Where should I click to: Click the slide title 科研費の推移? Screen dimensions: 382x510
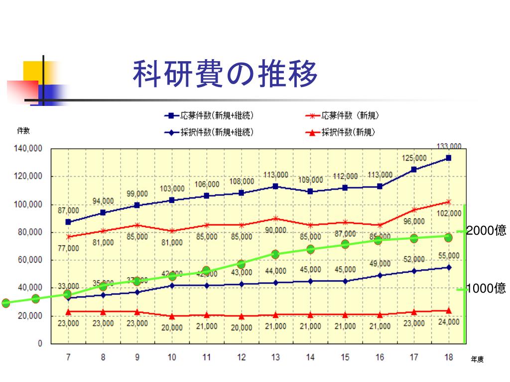225,75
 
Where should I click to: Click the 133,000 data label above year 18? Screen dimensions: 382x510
449,146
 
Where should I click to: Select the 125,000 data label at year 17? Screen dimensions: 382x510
414,158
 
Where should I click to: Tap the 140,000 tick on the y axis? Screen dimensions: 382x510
31,148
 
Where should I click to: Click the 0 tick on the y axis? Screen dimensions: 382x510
40,344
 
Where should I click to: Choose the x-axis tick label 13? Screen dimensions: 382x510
275,357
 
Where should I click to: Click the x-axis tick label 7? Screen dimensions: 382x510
68,357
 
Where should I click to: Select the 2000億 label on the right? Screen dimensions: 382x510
486,230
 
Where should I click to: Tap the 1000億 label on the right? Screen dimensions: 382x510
486,288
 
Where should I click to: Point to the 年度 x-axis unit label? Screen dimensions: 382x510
477,360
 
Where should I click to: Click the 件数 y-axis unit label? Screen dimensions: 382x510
23,131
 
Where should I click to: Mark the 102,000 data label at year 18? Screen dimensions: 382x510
449,213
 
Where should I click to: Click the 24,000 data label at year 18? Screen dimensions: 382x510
449,322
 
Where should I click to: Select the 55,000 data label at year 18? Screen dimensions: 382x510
449,256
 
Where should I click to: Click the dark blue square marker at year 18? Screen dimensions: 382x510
449,158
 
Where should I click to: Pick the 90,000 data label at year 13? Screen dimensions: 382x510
275,230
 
